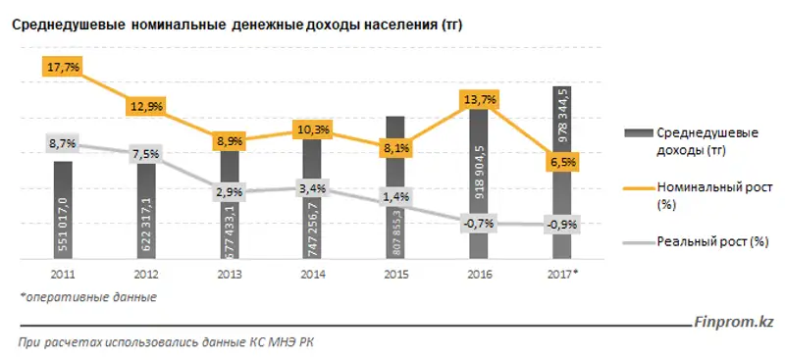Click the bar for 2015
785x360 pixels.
pos(394,186)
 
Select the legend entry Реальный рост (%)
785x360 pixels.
pos(711,240)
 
